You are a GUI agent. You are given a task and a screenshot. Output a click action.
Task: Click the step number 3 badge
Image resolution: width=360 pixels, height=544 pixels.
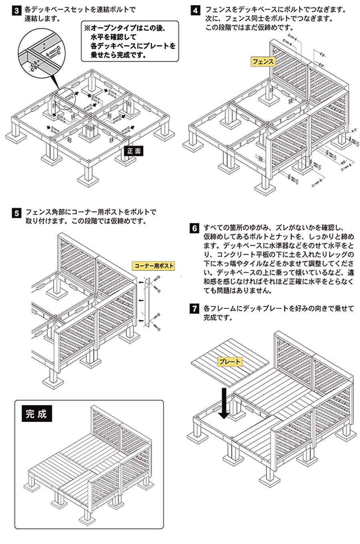(16, 11)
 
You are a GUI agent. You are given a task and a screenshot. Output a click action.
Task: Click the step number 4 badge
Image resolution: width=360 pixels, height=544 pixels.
(195, 11)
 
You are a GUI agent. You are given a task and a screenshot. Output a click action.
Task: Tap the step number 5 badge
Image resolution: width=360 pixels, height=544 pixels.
(16, 213)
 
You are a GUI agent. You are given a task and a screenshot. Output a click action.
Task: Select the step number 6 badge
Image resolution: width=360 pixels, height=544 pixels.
(194, 228)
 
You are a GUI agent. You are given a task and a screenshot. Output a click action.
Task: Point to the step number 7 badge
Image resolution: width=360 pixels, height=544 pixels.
(194, 309)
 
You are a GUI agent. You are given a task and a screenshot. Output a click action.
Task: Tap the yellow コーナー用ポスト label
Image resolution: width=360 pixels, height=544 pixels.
(154, 266)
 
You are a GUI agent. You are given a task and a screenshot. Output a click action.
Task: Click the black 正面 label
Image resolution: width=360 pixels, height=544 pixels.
(134, 151)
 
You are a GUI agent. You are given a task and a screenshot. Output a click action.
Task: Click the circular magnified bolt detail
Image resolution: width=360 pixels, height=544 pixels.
(42, 54)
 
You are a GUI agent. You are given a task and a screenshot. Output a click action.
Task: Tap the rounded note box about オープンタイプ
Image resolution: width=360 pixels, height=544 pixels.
(130, 41)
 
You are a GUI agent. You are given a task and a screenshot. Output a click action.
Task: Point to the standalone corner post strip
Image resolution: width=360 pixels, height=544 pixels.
(146, 302)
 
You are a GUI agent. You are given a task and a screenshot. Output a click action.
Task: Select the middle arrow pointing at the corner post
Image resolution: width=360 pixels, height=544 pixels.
(141, 300)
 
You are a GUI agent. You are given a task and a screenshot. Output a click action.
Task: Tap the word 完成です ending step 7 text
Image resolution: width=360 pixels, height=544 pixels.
(218, 318)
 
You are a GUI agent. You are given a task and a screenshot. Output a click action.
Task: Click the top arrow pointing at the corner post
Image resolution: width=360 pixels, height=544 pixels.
(141, 282)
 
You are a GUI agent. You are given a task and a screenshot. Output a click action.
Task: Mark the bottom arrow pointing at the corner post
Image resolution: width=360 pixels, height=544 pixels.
(141, 320)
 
